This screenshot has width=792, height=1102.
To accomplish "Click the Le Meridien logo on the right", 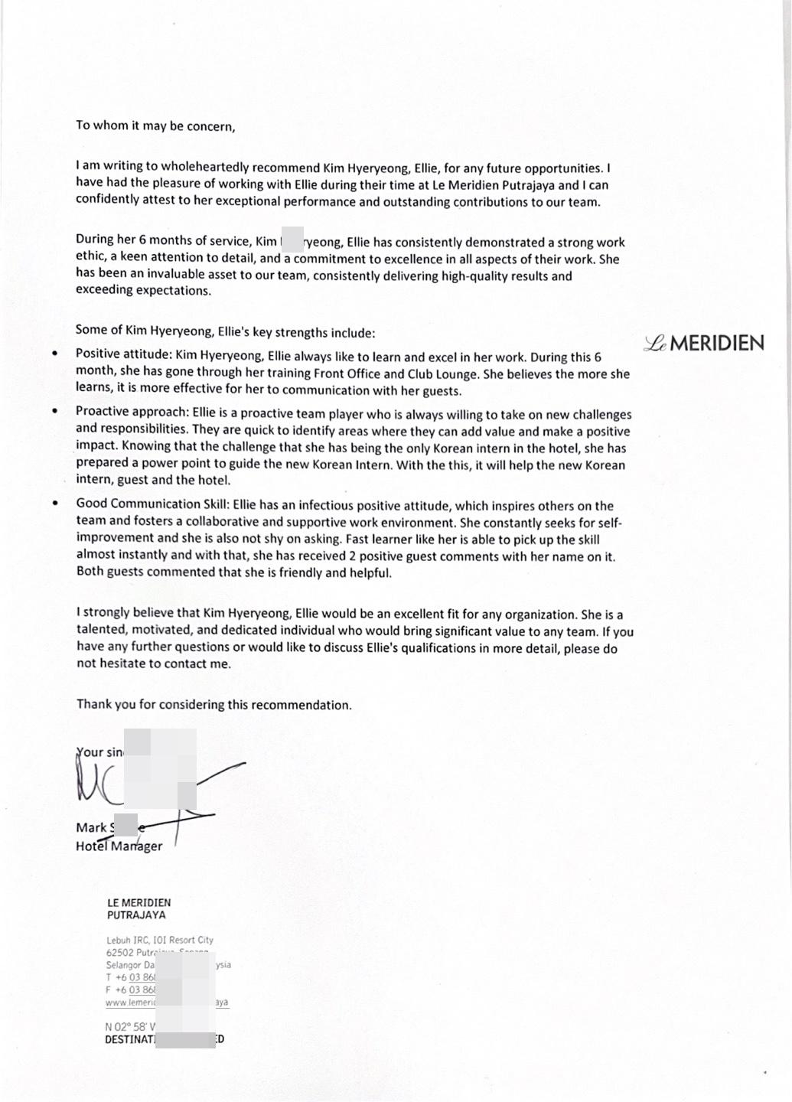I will point(704,344).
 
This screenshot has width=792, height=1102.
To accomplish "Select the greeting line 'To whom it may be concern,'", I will point(155,126).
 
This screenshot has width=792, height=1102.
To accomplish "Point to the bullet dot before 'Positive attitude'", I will point(54,354).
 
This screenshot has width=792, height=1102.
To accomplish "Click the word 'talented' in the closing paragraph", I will point(99,631).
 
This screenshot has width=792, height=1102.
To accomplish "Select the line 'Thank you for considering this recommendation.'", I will point(213,705).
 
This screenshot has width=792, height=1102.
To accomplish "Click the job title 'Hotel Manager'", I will point(119,846).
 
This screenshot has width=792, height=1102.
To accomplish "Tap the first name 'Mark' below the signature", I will point(91,827).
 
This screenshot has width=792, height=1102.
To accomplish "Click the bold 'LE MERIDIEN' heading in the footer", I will point(139,903).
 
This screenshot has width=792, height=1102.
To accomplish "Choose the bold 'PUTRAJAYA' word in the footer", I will point(136,915).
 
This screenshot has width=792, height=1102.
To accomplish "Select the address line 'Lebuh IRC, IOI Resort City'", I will point(160,940).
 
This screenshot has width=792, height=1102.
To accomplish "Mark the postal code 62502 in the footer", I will point(119,953).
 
